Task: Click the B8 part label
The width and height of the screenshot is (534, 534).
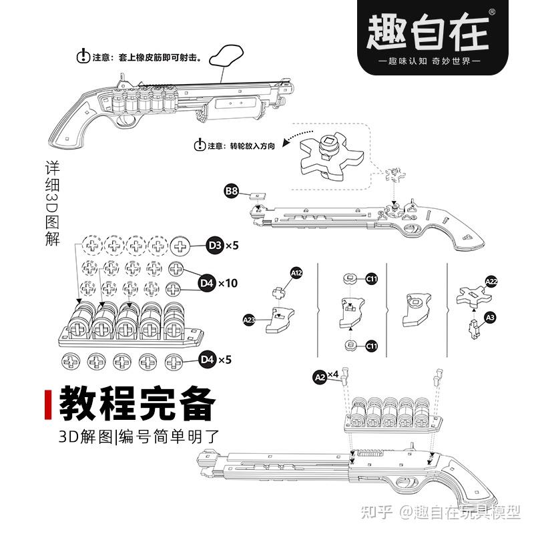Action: [231, 192]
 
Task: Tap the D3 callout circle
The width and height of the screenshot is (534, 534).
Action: [215, 246]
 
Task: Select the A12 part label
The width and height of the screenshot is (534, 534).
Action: [296, 273]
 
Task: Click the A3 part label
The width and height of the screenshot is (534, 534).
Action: [490, 317]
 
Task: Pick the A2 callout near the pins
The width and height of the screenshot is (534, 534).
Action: [319, 377]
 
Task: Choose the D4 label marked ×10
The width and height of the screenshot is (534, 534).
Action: [207, 283]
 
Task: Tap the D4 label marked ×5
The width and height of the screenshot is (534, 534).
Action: [207, 360]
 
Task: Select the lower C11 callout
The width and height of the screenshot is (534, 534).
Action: [371, 345]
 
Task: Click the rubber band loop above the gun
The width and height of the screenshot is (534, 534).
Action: [227, 56]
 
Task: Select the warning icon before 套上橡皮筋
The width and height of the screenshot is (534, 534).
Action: [83, 57]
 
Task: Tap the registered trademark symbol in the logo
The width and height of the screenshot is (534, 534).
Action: [492, 11]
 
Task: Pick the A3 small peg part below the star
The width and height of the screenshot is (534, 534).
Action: [475, 327]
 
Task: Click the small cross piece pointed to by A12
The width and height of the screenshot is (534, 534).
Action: [279, 293]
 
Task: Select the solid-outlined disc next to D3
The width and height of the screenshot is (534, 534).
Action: [181, 246]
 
